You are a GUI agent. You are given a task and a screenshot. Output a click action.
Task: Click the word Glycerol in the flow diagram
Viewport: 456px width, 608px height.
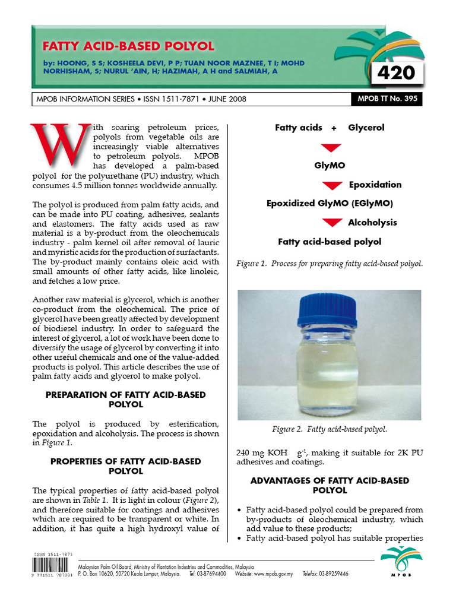366,128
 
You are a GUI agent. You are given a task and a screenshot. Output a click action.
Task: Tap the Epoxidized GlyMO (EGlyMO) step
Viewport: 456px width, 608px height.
330,204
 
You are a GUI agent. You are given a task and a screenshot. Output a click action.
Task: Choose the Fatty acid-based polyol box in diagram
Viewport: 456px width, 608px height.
330,242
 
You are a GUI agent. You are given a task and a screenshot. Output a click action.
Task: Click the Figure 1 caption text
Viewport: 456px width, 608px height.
330,263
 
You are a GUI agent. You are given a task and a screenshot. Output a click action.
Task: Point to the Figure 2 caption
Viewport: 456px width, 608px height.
330,429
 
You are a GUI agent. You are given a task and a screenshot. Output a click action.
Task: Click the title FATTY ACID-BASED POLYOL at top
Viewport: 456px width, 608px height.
128,46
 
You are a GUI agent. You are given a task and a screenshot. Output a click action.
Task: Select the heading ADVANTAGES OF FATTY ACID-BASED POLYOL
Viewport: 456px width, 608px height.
330,486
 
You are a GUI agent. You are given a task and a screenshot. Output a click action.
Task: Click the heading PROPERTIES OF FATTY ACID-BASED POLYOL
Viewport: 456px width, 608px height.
125,466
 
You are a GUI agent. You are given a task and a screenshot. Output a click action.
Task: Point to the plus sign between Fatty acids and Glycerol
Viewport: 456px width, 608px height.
334,128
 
